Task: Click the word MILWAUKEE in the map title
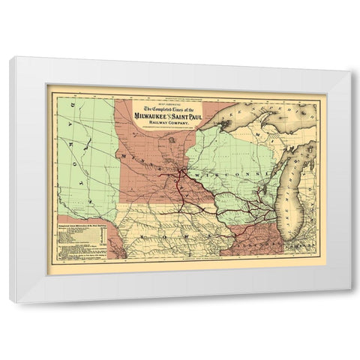(153, 115)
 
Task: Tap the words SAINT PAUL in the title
(196, 115)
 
